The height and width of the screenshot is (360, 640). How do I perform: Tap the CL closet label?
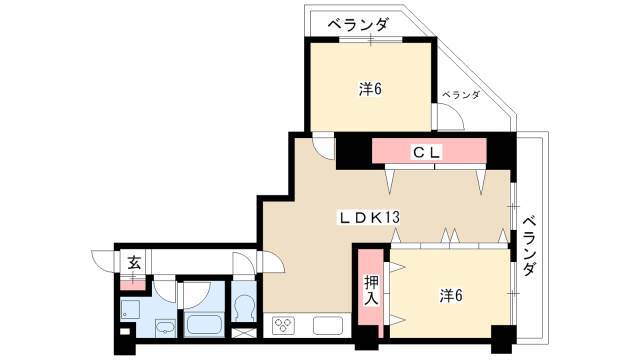[427, 153]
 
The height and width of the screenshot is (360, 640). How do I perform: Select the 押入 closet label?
[371, 290]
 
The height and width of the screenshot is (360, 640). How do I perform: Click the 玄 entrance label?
[134, 262]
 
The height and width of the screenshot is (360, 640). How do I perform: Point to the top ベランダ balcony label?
[358, 25]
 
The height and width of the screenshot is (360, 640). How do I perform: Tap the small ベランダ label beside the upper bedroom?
[461, 95]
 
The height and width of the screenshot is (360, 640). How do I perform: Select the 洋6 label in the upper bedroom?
[370, 89]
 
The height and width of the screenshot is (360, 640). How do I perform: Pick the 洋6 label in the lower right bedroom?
[451, 295]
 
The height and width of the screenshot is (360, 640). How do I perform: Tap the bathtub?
[204, 324]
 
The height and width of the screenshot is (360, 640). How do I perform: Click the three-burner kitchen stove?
[284, 325]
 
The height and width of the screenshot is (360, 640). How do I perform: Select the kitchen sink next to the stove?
[328, 326]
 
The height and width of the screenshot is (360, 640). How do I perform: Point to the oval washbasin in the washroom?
[165, 327]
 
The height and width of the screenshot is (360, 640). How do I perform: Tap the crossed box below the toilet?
[244, 333]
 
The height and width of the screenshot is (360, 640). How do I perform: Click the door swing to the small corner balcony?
[451, 117]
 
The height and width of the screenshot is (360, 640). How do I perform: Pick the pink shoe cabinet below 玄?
[133, 283]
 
